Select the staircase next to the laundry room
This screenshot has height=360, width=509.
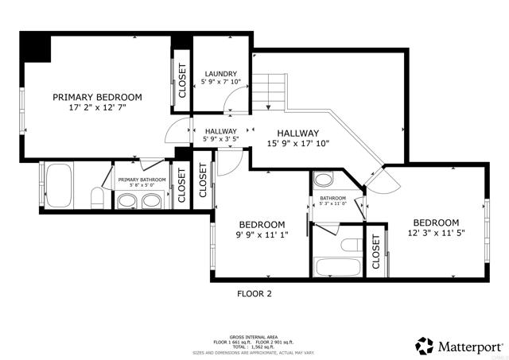click(270, 91)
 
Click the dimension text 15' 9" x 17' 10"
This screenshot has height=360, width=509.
click(298, 144)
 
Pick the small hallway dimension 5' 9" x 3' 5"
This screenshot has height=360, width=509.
click(220, 140)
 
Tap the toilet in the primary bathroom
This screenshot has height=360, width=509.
click(96, 199)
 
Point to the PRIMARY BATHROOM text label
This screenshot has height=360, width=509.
click(142, 180)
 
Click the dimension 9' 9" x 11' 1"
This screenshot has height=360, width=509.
click(262, 235)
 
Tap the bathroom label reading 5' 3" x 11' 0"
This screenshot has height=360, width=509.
click(333, 203)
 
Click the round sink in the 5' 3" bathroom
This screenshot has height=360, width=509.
click(324, 178)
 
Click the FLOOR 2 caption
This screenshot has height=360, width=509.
click(254, 293)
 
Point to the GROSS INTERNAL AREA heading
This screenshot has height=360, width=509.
click(253, 336)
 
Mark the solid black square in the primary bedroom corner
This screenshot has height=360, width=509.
click(36, 47)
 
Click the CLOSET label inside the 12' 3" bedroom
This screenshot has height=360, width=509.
click(376, 250)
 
